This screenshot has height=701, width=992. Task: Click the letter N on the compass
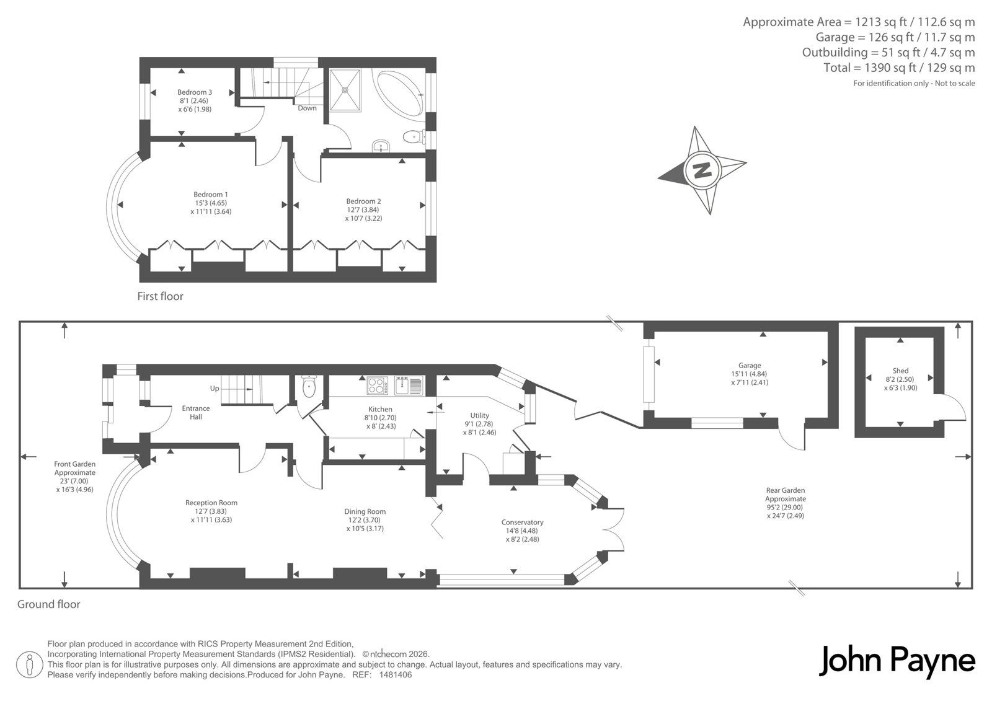point(702,170)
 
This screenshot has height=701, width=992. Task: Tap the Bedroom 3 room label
point(195,92)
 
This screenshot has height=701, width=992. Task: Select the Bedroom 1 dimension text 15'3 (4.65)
point(211,203)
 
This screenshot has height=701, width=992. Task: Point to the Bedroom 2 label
point(363,201)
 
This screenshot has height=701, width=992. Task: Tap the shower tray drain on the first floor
point(345,90)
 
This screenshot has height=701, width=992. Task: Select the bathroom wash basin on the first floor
point(381,146)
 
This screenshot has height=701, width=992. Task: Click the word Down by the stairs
point(307,108)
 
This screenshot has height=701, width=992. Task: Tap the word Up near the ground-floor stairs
point(215,389)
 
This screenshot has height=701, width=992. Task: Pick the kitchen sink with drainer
point(409,386)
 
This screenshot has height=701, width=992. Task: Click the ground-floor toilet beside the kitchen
point(309,387)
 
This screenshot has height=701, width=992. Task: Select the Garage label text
point(750,365)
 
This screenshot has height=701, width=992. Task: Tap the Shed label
point(900,371)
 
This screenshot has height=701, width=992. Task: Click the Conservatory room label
point(522,522)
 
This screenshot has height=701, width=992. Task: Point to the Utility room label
point(480,415)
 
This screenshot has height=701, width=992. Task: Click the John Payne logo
point(897,661)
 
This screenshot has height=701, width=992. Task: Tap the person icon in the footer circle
point(29,664)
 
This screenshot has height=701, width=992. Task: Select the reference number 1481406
point(396,675)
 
